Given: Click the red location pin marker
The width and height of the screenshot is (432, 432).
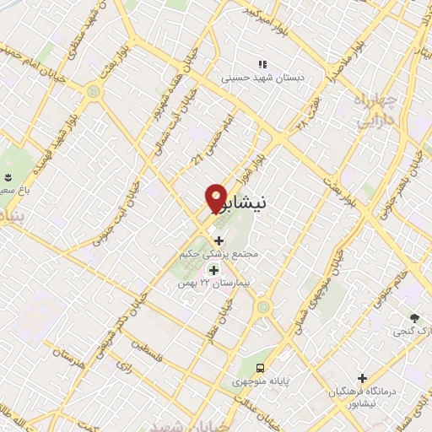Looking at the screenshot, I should tap(217, 197).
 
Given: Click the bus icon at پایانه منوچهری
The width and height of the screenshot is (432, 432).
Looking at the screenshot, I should tap(261, 368).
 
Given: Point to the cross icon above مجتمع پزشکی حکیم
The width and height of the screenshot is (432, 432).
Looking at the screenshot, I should tap(219, 240).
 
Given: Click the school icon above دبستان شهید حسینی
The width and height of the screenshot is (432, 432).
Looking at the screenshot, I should tap(262, 63).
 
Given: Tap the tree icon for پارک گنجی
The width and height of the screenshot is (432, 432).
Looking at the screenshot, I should tap(414, 317).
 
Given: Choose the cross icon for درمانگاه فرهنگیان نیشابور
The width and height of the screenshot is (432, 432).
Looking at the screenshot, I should tap(363, 379).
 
